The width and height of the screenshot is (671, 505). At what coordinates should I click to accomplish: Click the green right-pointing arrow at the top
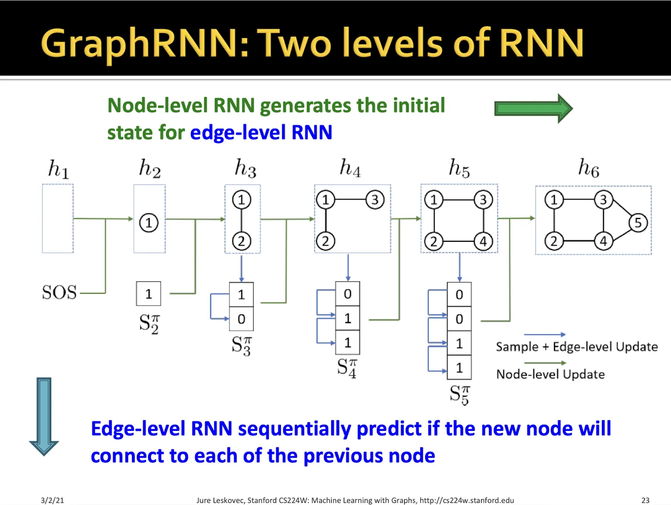pyautogui.click(x=534, y=108)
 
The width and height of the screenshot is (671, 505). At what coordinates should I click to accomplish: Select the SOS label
pyautogui.click(x=59, y=292)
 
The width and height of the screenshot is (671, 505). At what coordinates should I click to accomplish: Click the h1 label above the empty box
pyautogui.click(x=58, y=169)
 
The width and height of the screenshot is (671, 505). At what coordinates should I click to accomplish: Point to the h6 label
pyautogui.click(x=589, y=168)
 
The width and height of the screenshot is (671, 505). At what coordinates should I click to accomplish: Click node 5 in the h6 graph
pyautogui.click(x=638, y=223)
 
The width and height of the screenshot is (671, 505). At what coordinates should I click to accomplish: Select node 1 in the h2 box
pyautogui.click(x=149, y=223)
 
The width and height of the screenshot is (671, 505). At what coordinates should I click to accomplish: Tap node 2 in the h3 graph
pyautogui.click(x=242, y=241)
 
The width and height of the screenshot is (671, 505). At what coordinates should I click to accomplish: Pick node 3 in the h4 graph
pyautogui.click(x=375, y=200)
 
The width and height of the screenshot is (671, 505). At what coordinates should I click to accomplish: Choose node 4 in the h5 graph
pyautogui.click(x=483, y=241)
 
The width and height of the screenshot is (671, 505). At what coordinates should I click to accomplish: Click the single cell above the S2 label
pyautogui.click(x=149, y=294)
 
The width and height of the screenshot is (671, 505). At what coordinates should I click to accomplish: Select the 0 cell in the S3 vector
pyautogui.click(x=242, y=319)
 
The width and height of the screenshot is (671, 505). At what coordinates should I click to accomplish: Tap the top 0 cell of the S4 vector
pyautogui.click(x=348, y=294)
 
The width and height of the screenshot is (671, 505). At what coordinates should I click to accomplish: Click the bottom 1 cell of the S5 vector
pyautogui.click(x=459, y=368)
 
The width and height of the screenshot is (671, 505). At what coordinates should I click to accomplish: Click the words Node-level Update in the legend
pyautogui.click(x=550, y=374)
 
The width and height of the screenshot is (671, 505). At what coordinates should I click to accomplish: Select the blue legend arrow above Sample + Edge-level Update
pyautogui.click(x=545, y=335)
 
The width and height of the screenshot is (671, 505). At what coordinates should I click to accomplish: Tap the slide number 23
pyautogui.click(x=645, y=500)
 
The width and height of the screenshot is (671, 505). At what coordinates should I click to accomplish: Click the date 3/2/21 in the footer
pyautogui.click(x=52, y=500)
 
